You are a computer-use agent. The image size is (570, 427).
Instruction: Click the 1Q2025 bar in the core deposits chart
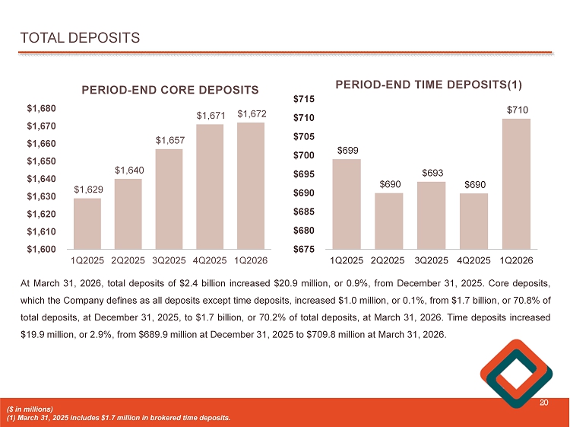(x=87, y=223)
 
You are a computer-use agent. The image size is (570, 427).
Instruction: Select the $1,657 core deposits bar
(x=169, y=199)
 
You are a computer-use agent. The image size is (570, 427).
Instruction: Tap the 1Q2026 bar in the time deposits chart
(x=517, y=183)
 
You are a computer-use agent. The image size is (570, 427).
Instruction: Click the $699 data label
(x=347, y=151)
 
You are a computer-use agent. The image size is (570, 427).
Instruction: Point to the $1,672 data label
(x=252, y=114)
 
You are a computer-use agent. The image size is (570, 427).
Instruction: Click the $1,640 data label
(x=128, y=170)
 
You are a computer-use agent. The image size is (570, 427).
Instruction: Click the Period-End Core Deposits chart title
(x=170, y=90)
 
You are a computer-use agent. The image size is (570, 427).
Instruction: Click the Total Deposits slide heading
(x=80, y=37)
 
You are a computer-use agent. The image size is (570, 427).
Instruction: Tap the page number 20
(x=543, y=403)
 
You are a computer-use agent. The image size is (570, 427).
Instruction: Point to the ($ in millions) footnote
(x=31, y=410)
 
